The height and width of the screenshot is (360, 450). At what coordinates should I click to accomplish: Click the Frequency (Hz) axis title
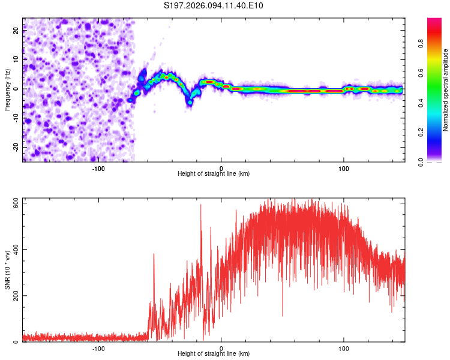7,89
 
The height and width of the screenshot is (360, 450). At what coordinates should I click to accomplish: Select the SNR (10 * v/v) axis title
7,269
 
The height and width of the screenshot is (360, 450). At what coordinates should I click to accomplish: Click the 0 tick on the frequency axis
17,89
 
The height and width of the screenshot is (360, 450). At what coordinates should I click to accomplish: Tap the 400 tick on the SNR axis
14,250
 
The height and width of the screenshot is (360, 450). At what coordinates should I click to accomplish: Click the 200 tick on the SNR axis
14,296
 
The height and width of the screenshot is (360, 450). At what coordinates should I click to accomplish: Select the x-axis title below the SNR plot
214,354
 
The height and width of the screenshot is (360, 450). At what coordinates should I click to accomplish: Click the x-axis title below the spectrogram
214,174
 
